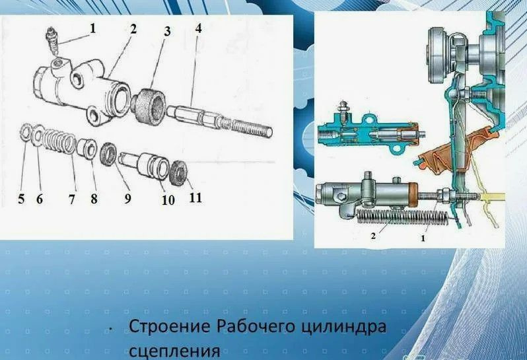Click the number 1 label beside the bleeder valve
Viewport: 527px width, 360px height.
coord(93,28)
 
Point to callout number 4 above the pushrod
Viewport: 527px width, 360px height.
coord(198,30)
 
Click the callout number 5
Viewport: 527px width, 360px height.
coord(21,198)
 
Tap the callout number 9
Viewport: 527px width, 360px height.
coord(126,198)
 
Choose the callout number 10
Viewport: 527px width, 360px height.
coord(168,199)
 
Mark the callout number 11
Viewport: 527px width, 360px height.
coord(195,197)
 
